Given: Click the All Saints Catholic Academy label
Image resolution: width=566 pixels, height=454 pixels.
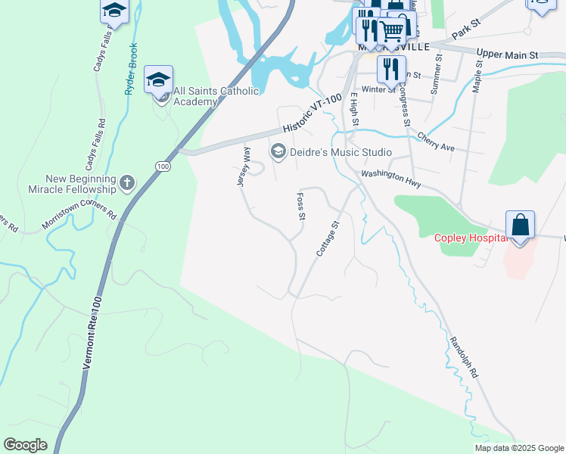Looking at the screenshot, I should [216, 96].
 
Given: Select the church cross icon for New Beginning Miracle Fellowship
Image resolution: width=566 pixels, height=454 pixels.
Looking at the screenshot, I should [126, 182].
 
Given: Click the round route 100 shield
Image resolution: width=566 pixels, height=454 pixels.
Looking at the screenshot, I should [163, 166].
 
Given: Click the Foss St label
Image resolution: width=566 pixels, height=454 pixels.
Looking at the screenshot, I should [300, 206].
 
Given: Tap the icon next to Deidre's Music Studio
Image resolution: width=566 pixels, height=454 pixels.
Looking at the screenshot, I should [278, 152].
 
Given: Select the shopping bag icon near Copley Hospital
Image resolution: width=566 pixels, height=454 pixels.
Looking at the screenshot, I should [520, 225].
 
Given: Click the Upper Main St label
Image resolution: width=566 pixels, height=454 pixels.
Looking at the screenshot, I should [507, 55].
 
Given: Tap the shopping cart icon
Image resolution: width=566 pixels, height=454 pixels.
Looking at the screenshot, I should [390, 32].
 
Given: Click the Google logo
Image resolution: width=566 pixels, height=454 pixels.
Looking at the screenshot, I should [25, 445].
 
